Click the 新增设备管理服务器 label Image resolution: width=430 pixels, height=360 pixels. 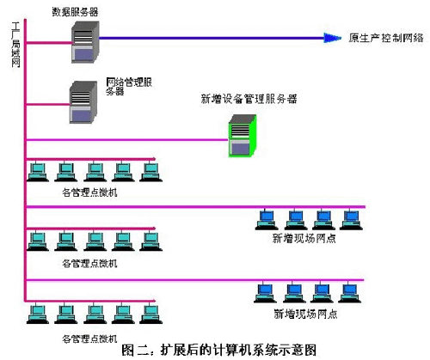[249, 100]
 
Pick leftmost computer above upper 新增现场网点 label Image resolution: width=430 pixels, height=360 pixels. [266, 220]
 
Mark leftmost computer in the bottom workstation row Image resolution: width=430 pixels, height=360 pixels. [36, 314]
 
